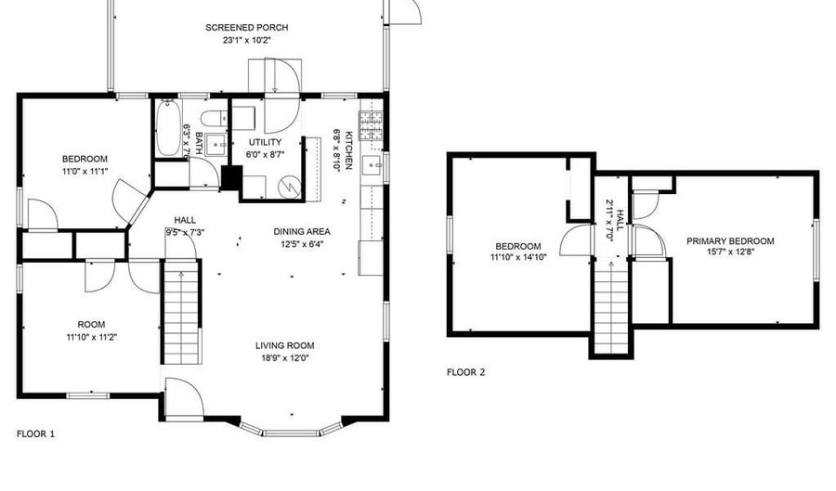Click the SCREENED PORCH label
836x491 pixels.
pos(247,28)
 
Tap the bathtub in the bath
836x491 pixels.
pos(166,128)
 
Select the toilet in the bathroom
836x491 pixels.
pos(215,118)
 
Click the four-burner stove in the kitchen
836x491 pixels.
pos(371,125)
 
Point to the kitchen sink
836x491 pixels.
pos(372,165)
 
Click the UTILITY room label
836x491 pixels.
pos(265,142)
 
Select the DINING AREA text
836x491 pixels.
pos(302,232)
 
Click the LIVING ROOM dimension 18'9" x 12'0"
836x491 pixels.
pos(285,358)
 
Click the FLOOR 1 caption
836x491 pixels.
pos(35,434)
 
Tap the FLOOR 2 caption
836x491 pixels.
pos(466,372)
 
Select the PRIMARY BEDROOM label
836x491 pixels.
pos(730,241)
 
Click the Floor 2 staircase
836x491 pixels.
pos(611,307)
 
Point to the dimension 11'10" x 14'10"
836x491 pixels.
pos(518,257)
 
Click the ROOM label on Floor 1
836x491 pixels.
pos(91,324)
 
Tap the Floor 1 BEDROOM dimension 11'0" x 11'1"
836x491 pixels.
pos(85,172)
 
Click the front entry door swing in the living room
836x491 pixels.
pos(185,396)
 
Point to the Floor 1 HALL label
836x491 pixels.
pos(185,220)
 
